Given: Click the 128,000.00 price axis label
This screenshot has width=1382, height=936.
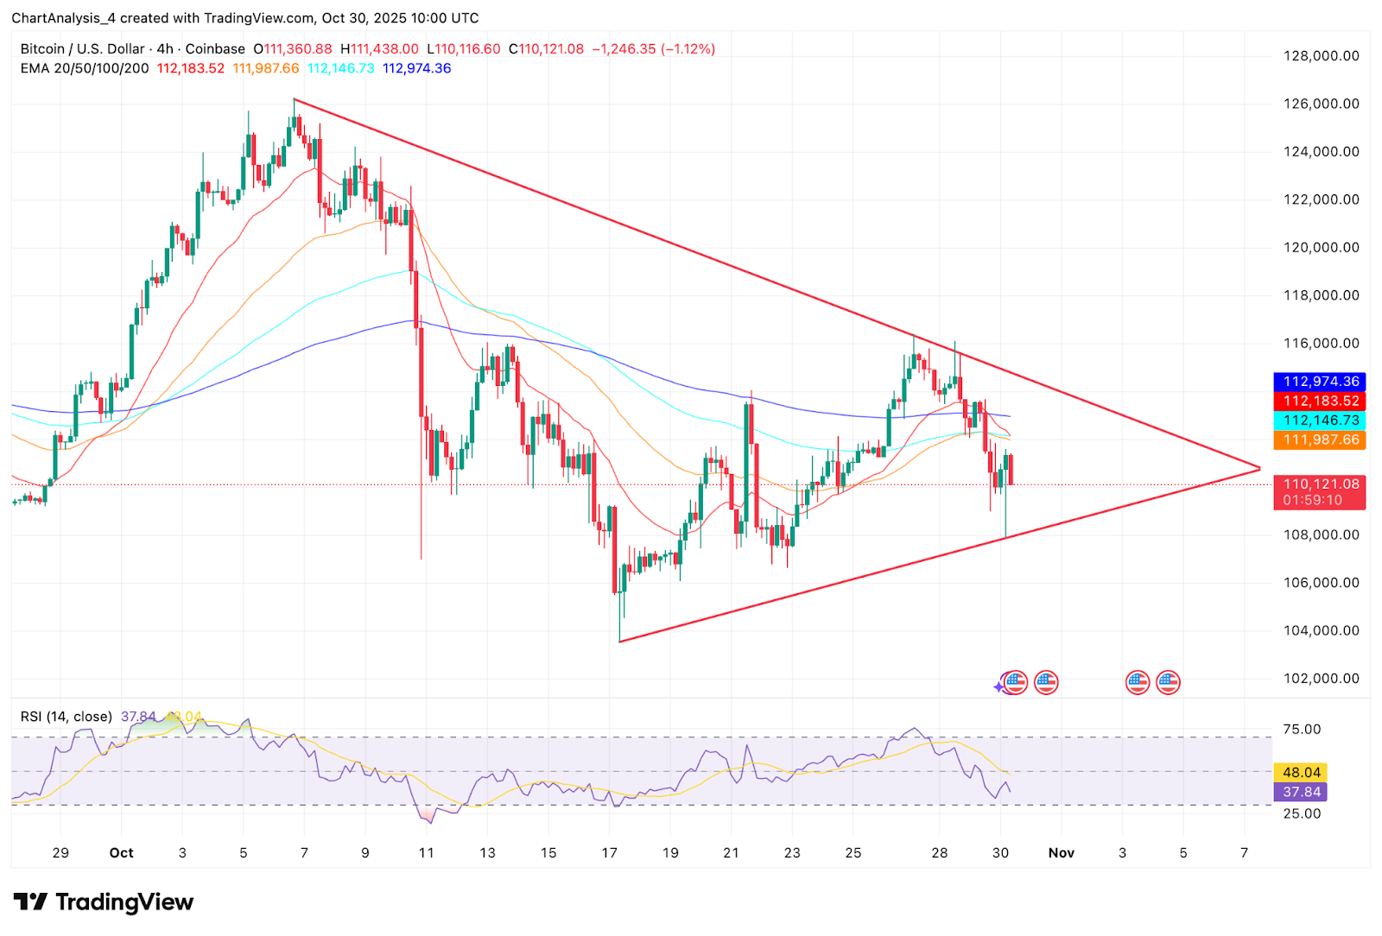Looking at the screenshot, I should click(x=1321, y=56).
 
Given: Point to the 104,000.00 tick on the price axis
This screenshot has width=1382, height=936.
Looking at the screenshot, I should click(x=1321, y=630).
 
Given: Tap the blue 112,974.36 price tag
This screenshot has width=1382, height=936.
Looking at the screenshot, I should click(x=1320, y=382).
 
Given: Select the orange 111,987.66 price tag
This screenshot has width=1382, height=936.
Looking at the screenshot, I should click(x=1320, y=440).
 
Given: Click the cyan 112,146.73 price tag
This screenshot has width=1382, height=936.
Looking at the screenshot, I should click(x=1320, y=421).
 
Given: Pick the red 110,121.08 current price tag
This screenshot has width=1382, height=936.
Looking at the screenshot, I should click(x=1320, y=484).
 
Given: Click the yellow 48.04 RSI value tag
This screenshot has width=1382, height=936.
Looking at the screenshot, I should click(x=1301, y=773).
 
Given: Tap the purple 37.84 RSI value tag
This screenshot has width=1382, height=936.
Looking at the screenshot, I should click(x=1301, y=792).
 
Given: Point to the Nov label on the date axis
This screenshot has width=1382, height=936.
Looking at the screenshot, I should click(x=1061, y=853).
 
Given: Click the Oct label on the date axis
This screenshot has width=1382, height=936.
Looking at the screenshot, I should click(x=121, y=853).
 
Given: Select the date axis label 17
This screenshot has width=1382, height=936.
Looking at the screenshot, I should click(x=610, y=853).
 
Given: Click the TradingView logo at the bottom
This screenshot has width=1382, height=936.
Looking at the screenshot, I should click(x=104, y=902).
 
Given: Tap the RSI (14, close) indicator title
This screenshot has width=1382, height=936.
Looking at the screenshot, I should click(x=67, y=717).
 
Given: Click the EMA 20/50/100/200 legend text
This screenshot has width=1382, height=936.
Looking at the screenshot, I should click(x=85, y=68).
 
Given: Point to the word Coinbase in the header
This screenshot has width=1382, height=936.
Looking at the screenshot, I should click(x=215, y=49).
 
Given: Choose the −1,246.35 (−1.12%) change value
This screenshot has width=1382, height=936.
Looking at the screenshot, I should click(x=653, y=49).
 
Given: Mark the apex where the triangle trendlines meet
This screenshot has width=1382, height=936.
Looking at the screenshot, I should click(x=1259, y=469).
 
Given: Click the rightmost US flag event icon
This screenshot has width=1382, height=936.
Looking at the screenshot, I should click(x=1168, y=683).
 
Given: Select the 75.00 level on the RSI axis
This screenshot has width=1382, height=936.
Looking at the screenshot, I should click(x=1302, y=730).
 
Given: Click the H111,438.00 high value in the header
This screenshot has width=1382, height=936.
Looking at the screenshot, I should click(x=379, y=49).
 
